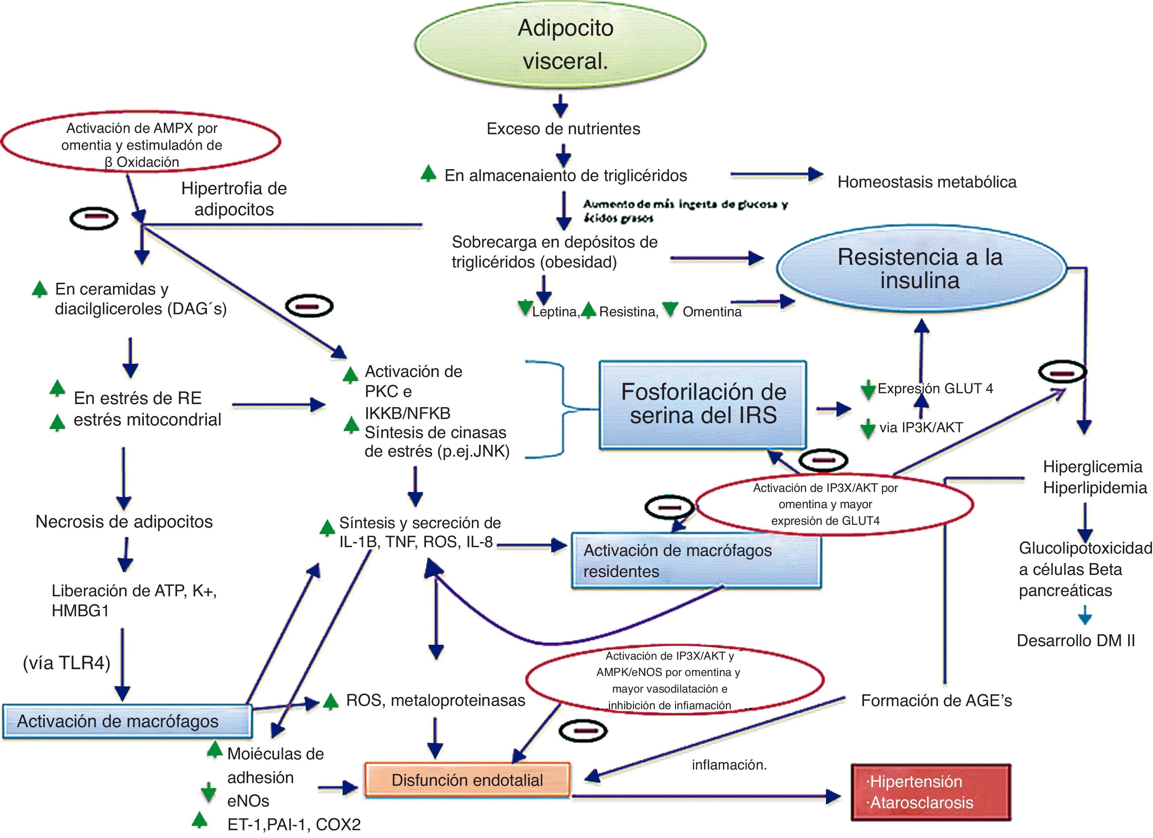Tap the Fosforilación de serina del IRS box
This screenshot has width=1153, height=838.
[x=703, y=404]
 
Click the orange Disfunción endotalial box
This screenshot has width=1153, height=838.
[x=467, y=780]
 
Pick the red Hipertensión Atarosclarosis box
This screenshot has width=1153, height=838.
[x=930, y=792]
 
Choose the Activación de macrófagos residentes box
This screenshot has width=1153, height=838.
[x=696, y=560]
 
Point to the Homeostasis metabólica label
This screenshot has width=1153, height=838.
[x=927, y=182]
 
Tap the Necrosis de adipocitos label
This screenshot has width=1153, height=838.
[x=124, y=521]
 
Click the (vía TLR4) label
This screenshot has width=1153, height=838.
[x=66, y=663]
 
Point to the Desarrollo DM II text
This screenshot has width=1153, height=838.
[x=1076, y=640]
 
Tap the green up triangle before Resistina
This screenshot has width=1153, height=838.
[x=588, y=310]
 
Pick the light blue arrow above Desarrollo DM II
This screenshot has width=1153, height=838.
[x=1085, y=615]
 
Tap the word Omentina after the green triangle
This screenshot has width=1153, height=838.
[x=712, y=312]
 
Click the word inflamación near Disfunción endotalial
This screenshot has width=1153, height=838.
[x=729, y=765]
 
